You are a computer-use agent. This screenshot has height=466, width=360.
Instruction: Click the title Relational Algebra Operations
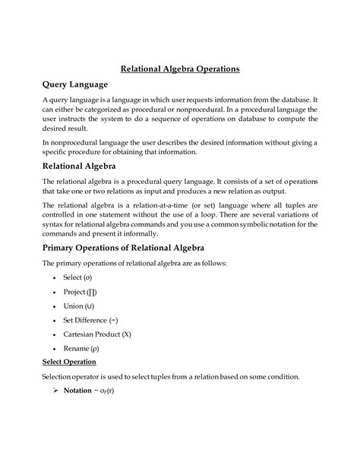coord(179,68)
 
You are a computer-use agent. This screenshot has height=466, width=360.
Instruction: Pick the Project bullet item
coord(80,292)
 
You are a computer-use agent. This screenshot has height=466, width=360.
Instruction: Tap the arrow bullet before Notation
coord(55,392)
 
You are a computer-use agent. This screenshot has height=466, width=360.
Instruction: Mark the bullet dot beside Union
coord(55,306)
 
